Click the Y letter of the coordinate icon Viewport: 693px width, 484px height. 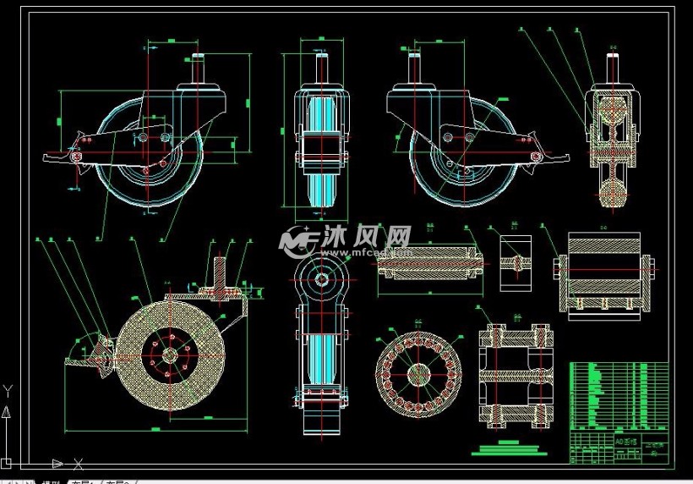8,390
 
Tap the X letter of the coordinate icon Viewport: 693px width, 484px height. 79,463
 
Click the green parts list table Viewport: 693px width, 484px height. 619,395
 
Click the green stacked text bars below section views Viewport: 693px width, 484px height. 508,446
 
